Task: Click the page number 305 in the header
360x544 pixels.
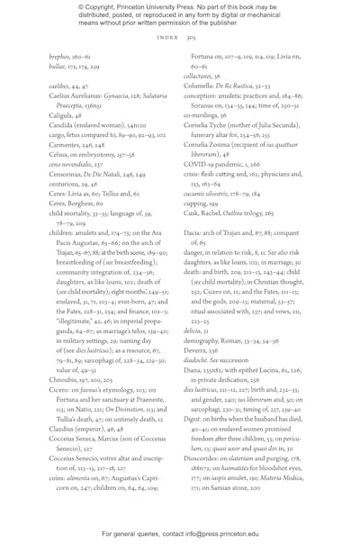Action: click(191, 39)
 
